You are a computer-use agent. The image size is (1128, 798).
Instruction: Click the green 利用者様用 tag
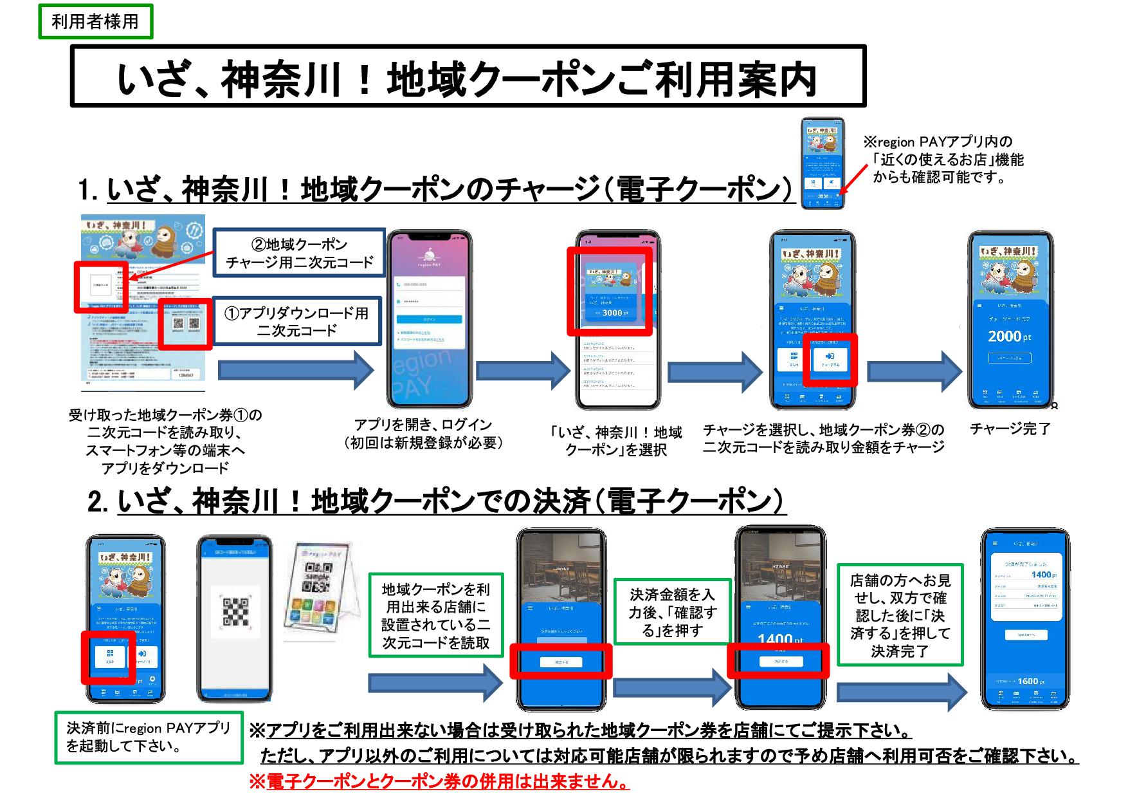click(95, 21)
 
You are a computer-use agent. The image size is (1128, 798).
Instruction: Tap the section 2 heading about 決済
click(437, 501)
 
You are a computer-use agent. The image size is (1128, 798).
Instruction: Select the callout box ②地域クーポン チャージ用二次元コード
click(299, 253)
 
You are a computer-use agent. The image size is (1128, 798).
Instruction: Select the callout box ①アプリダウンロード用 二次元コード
click(296, 321)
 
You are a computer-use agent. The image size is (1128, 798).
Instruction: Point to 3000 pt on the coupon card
click(612, 313)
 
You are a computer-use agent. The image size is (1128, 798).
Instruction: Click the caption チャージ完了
click(1010, 429)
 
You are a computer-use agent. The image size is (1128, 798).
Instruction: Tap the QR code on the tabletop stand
click(318, 576)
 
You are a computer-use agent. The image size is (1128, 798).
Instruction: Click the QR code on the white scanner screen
click(235, 612)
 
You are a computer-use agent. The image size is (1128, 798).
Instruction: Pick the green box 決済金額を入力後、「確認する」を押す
click(672, 612)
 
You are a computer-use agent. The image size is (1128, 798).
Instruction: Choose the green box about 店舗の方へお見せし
click(900, 615)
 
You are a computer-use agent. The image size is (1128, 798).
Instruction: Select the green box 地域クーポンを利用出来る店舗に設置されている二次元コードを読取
click(436, 615)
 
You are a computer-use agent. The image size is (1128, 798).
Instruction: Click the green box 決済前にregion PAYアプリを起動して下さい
click(149, 738)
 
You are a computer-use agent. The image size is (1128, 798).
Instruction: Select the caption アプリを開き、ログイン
click(423, 433)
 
